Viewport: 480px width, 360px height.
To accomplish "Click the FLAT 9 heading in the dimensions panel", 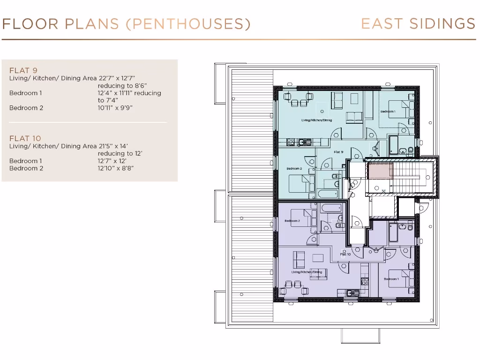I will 23,71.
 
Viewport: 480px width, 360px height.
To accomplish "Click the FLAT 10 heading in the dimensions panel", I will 25,138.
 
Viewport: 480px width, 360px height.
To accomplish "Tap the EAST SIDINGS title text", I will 418,24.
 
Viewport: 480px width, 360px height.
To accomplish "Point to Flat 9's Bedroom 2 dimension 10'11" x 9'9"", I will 115,108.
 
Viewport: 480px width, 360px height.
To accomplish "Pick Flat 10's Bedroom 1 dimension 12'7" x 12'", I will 112,161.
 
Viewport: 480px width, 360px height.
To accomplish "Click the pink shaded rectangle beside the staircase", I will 380,171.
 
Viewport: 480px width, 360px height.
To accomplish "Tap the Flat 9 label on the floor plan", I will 338,152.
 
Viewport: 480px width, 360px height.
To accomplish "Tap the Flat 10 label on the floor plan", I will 345,254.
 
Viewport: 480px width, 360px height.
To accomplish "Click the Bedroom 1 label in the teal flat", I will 388,112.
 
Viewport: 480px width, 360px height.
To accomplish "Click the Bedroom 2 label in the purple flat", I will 292,221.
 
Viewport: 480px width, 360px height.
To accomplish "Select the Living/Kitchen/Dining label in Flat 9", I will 316,120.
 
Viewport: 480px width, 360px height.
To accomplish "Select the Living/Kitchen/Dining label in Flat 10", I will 307,272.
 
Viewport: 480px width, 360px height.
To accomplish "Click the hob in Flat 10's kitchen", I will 364,281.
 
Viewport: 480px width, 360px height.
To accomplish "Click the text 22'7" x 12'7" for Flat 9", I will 117,78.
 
